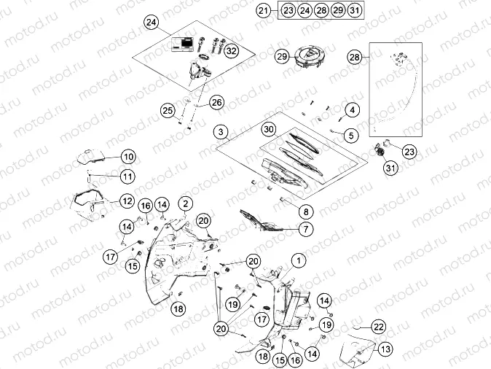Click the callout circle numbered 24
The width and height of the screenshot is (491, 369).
tap(151, 23)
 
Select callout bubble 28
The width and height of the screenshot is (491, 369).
tap(354, 57)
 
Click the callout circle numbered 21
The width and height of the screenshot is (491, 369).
tap(264, 10)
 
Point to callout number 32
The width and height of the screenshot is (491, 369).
tap(231, 51)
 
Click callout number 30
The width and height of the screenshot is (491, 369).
tap(269, 129)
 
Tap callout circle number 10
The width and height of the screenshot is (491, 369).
tap(128, 157)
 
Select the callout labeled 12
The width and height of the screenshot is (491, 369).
tap(127, 201)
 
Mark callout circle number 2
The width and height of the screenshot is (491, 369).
tap(186, 203)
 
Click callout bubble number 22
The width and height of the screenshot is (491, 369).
tap(380, 327)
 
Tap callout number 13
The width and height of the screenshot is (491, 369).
tap(385, 349)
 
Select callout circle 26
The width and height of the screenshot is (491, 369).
tap(216, 102)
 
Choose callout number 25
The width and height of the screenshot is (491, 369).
tap(168, 111)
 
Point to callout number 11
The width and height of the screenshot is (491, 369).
tap(127, 176)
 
